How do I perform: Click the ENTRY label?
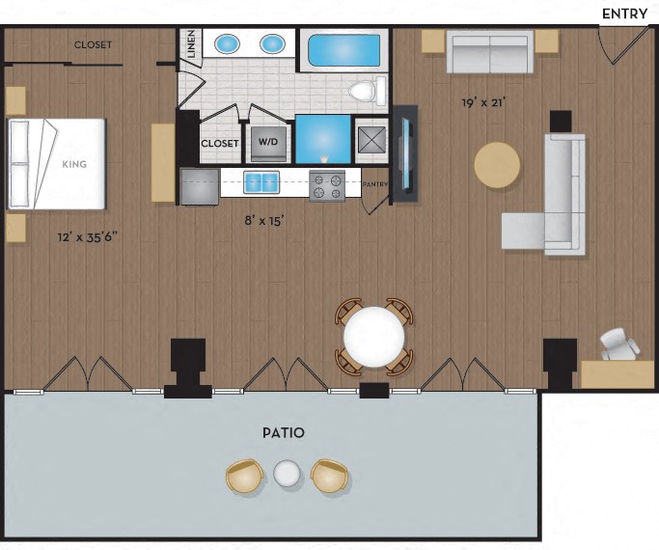tap(624, 14)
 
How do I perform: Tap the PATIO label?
tap(284, 432)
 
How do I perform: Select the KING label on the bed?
tap(74, 164)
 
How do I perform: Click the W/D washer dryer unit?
tap(268, 143)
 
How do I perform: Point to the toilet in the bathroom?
tap(367, 91)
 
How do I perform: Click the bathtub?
tap(344, 50)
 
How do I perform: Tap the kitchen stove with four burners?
tap(327, 186)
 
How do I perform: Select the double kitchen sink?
tap(261, 182)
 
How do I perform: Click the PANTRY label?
tap(375, 184)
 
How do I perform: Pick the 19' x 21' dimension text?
tap(483, 102)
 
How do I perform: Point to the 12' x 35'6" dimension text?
tap(88, 237)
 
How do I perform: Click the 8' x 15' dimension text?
tap(264, 220)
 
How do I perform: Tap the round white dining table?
tap(374, 336)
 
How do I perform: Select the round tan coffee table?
tap(497, 165)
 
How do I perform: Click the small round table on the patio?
tap(288, 474)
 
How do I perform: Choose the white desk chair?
tap(619, 344)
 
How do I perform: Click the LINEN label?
tap(192, 44)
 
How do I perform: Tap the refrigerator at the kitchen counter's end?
tap(200, 186)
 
